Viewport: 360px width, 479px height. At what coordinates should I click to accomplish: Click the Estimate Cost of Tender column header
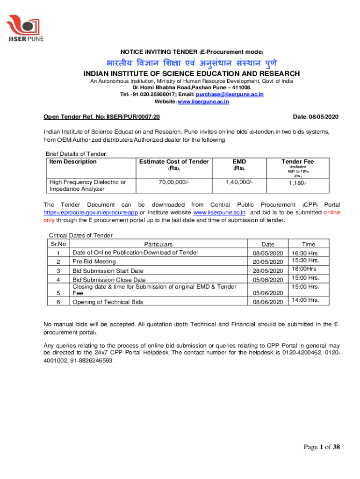(173, 162)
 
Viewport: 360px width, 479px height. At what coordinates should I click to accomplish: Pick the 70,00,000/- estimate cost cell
(173, 182)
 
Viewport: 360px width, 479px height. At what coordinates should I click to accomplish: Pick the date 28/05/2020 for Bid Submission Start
(268, 271)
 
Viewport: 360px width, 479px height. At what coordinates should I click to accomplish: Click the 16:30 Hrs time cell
(304, 253)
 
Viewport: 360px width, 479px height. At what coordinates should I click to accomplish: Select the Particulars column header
(158, 244)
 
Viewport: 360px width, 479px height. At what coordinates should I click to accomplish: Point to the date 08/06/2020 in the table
(268, 302)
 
